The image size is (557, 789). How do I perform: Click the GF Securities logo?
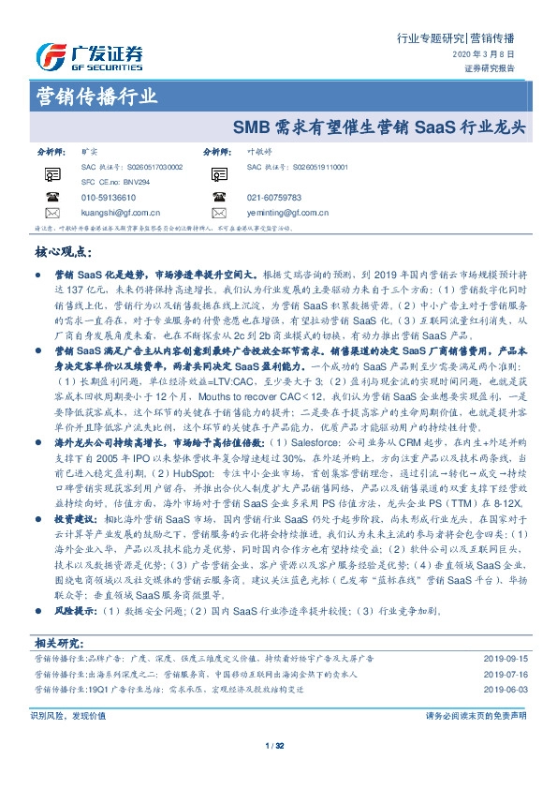pyautogui.click(x=90, y=56)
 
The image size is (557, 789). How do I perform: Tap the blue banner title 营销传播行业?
pyautogui.click(x=95, y=96)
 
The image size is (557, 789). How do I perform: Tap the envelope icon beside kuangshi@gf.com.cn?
pyautogui.click(x=52, y=212)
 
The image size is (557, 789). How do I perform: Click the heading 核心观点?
pyautogui.click(x=64, y=252)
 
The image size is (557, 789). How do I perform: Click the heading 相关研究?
pyautogui.click(x=58, y=643)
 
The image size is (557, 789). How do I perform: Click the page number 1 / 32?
pyautogui.click(x=275, y=746)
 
